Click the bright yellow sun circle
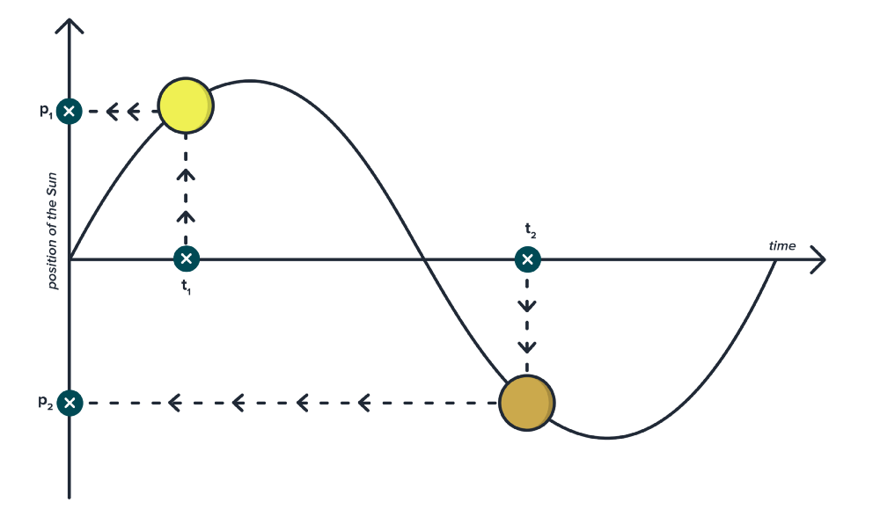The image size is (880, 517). pos(186,106)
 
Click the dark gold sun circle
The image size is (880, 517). pos(526,402)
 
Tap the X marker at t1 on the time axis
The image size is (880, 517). pos(186,258)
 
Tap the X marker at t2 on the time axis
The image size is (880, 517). pos(527,258)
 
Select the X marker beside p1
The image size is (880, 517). pos(70,111)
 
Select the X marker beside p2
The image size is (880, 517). pos(70,403)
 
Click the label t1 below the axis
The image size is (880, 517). pos(186,285)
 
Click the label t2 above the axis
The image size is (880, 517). pos(530,230)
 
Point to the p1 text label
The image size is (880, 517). pos(47,111)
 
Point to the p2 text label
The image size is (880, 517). pos(46,402)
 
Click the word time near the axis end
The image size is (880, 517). pos(781,246)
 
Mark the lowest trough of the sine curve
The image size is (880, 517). pos(605,437)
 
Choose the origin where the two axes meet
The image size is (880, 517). pos(70,259)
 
